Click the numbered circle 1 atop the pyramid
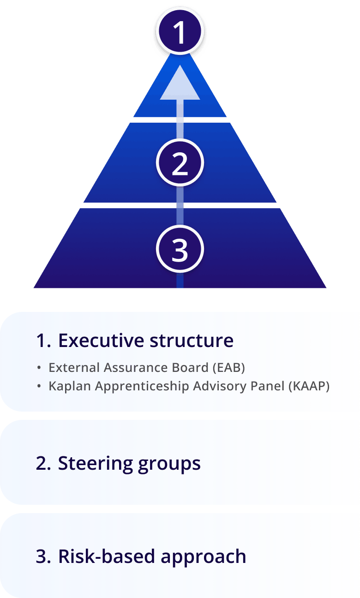tap(180, 32)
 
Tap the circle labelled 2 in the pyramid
tap(180, 163)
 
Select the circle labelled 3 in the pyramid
tap(180, 250)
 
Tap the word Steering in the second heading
tap(95, 463)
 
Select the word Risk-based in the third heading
tap(107, 556)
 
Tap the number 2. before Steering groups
tap(43, 463)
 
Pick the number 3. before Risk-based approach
tap(43, 556)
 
